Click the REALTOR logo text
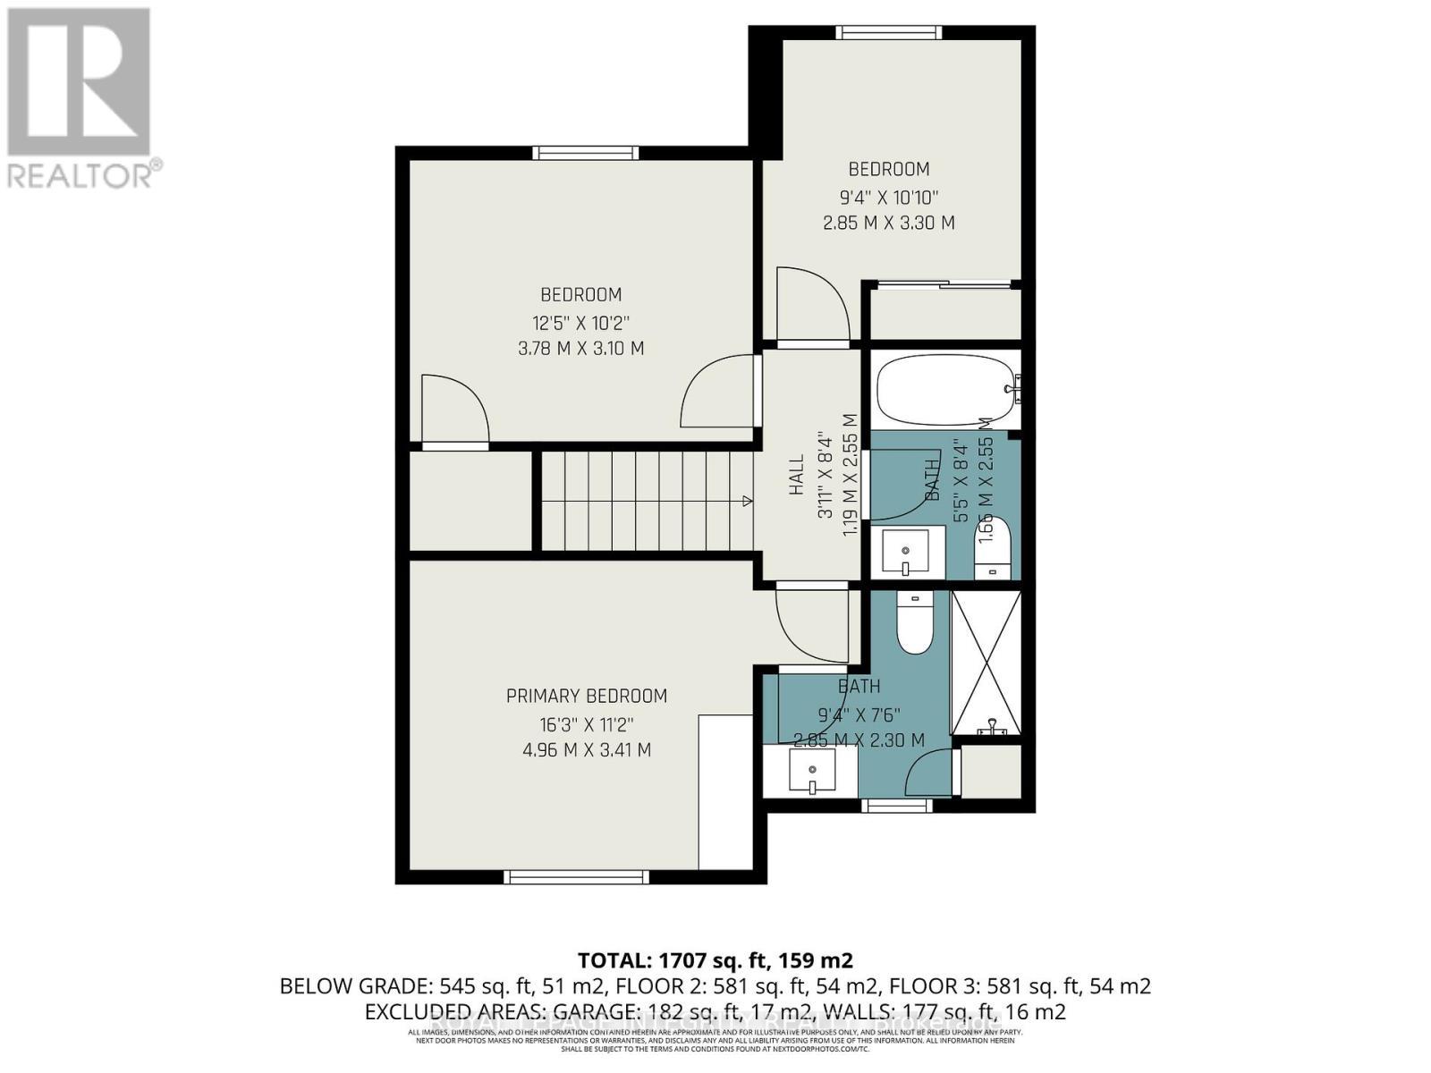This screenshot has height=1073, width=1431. [x=85, y=173]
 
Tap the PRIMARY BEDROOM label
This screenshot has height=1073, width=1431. [x=586, y=696]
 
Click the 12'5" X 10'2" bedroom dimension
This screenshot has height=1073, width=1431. [x=581, y=322]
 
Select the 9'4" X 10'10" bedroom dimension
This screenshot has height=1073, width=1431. [x=888, y=196]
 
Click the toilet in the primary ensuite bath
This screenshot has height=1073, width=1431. [x=914, y=623]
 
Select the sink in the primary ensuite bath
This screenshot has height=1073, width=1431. [x=812, y=771]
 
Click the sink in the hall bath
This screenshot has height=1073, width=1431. [x=906, y=552]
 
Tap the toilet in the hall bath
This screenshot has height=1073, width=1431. [x=993, y=548]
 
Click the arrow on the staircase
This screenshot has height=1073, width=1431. [x=745, y=503]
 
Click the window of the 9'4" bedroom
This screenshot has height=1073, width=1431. [x=888, y=33]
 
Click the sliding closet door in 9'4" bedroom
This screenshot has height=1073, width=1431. [x=944, y=285]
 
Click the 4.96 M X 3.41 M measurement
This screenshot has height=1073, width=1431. [x=586, y=749]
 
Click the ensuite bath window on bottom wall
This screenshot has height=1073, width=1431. [x=896, y=806]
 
